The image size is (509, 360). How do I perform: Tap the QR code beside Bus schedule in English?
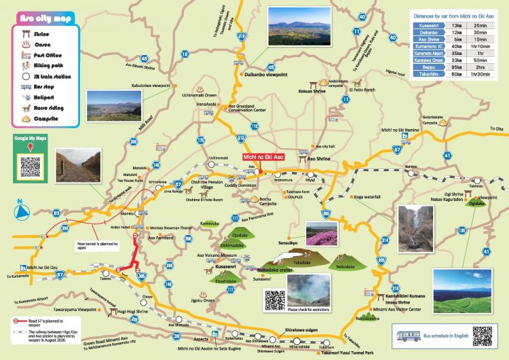point(482,336)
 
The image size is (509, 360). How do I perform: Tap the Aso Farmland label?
point(161,238)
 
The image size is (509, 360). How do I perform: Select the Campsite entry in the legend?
point(43,118)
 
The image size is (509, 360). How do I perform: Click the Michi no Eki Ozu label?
point(45,268)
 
